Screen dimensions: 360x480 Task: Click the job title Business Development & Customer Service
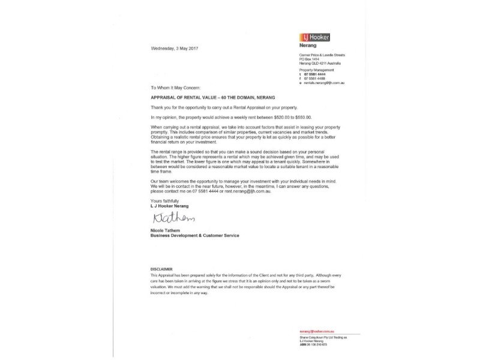pyautogui.click(x=194, y=236)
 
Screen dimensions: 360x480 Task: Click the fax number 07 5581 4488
pyautogui.click(x=314, y=78)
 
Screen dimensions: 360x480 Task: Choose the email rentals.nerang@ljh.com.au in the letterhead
pyautogui.click(x=325, y=82)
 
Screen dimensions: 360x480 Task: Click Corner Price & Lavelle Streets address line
pyautogui.click(x=322, y=55)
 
